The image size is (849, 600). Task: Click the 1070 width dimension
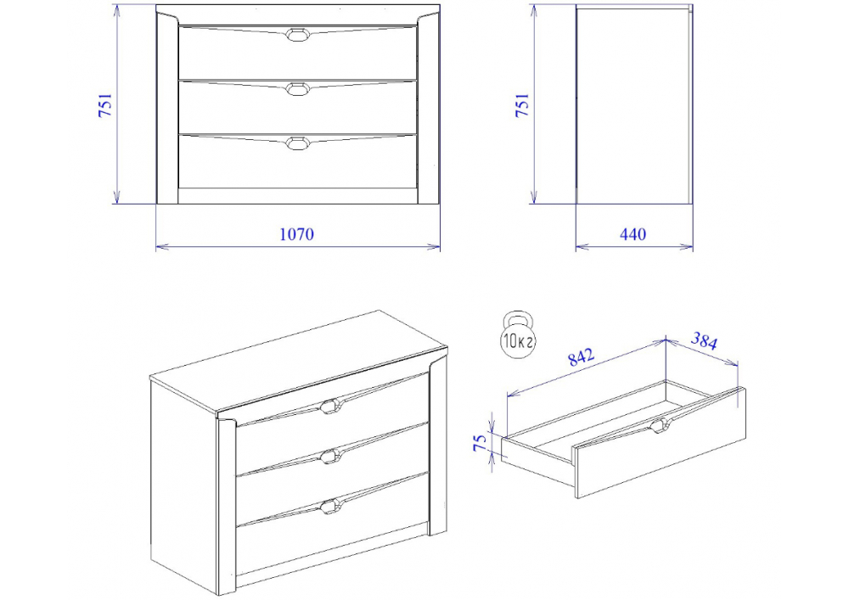tap(296, 234)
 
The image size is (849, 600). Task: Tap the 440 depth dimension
tap(633, 234)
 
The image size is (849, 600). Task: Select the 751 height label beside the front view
tap(105, 105)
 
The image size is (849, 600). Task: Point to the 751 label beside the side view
tap(522, 105)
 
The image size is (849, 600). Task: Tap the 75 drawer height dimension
tap(481, 442)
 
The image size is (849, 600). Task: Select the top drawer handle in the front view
tap(296, 34)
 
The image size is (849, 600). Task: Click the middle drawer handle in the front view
tap(296, 89)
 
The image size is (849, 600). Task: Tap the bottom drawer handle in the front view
tap(296, 143)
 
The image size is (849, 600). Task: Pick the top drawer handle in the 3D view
tap(329, 405)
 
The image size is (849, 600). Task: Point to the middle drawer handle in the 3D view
tap(329, 456)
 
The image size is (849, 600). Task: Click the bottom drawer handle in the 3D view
tap(329, 507)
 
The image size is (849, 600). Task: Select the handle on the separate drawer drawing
tap(660, 425)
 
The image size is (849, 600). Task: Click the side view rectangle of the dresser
tap(634, 104)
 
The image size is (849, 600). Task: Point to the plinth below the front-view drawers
tap(298, 196)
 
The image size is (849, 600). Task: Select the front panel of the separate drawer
tap(660, 442)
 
